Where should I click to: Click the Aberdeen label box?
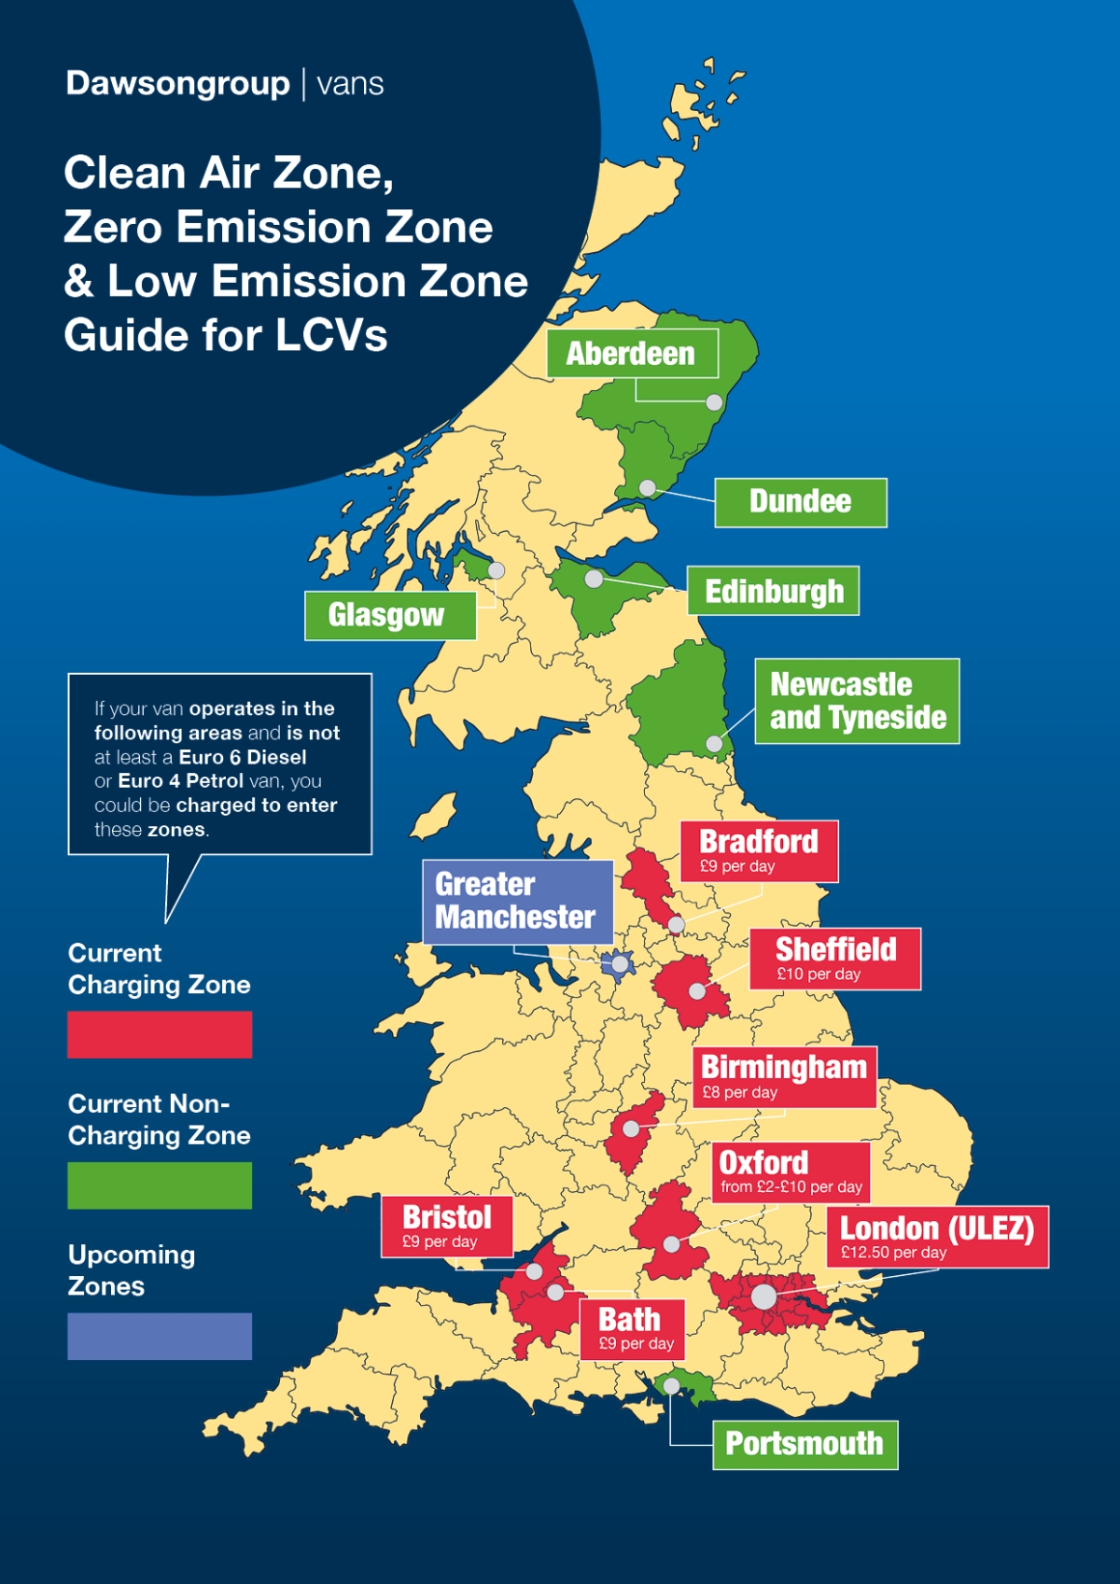coord(632,354)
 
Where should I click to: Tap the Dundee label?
coord(800,502)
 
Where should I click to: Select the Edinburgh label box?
coord(773,591)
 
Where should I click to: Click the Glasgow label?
coord(390,615)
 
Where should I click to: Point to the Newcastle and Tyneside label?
coord(857,701)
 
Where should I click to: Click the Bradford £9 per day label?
coord(758,851)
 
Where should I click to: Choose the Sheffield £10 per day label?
coord(834,959)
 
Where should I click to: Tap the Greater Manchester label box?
coord(517,901)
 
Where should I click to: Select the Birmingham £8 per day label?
coord(783,1076)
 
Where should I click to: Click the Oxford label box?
coord(791,1171)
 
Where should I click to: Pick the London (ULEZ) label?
coord(936,1237)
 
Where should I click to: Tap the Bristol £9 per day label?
coord(446,1227)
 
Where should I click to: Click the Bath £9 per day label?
coord(632,1328)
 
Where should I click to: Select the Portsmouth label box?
coord(805,1444)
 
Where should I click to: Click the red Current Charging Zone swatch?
coord(160,1034)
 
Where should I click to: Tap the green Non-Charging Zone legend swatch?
coord(160,1185)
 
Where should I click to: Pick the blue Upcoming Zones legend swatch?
coord(160,1336)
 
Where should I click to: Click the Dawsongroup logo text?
coord(178,84)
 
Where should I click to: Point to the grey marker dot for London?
coord(763,1296)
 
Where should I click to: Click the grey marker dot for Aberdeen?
coord(714,402)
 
